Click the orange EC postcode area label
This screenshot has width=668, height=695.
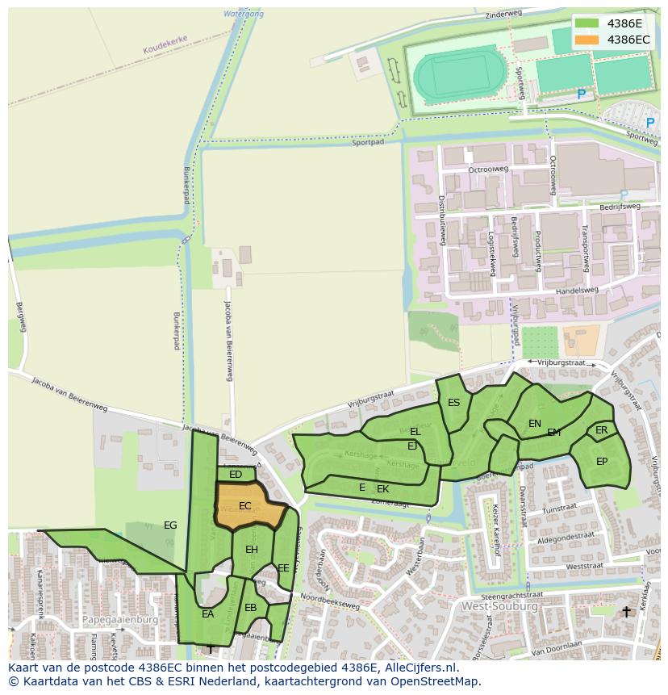click(x=245, y=506)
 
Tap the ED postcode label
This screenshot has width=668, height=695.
click(x=236, y=475)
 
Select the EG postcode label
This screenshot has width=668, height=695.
click(x=170, y=525)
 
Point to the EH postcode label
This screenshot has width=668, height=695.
click(x=252, y=550)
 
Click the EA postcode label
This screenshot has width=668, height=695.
click(x=208, y=614)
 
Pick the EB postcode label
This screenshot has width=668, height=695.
click(x=251, y=608)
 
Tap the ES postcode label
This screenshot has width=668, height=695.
click(x=454, y=403)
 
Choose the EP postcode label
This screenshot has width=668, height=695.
click(x=602, y=462)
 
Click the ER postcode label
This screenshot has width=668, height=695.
click(x=602, y=430)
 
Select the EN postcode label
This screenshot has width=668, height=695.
click(x=535, y=423)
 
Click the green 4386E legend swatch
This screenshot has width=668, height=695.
click(x=587, y=23)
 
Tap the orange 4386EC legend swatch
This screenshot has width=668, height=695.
click(x=587, y=39)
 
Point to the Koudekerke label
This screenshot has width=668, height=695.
click(x=165, y=50)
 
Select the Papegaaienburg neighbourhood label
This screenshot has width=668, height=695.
click(x=120, y=620)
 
